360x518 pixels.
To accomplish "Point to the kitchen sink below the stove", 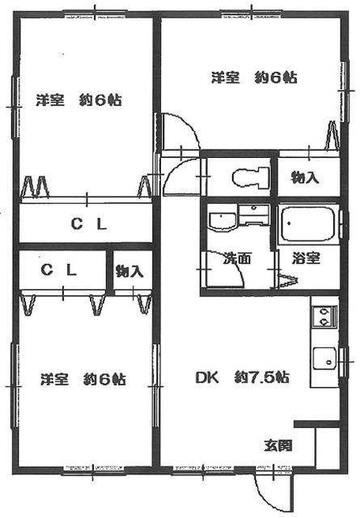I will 324,356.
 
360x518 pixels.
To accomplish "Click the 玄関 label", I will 277,445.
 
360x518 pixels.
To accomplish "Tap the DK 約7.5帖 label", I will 242,377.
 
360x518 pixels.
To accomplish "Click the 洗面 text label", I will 236,259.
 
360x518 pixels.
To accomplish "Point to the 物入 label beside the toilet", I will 304,177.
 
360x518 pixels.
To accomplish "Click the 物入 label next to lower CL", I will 129,271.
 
